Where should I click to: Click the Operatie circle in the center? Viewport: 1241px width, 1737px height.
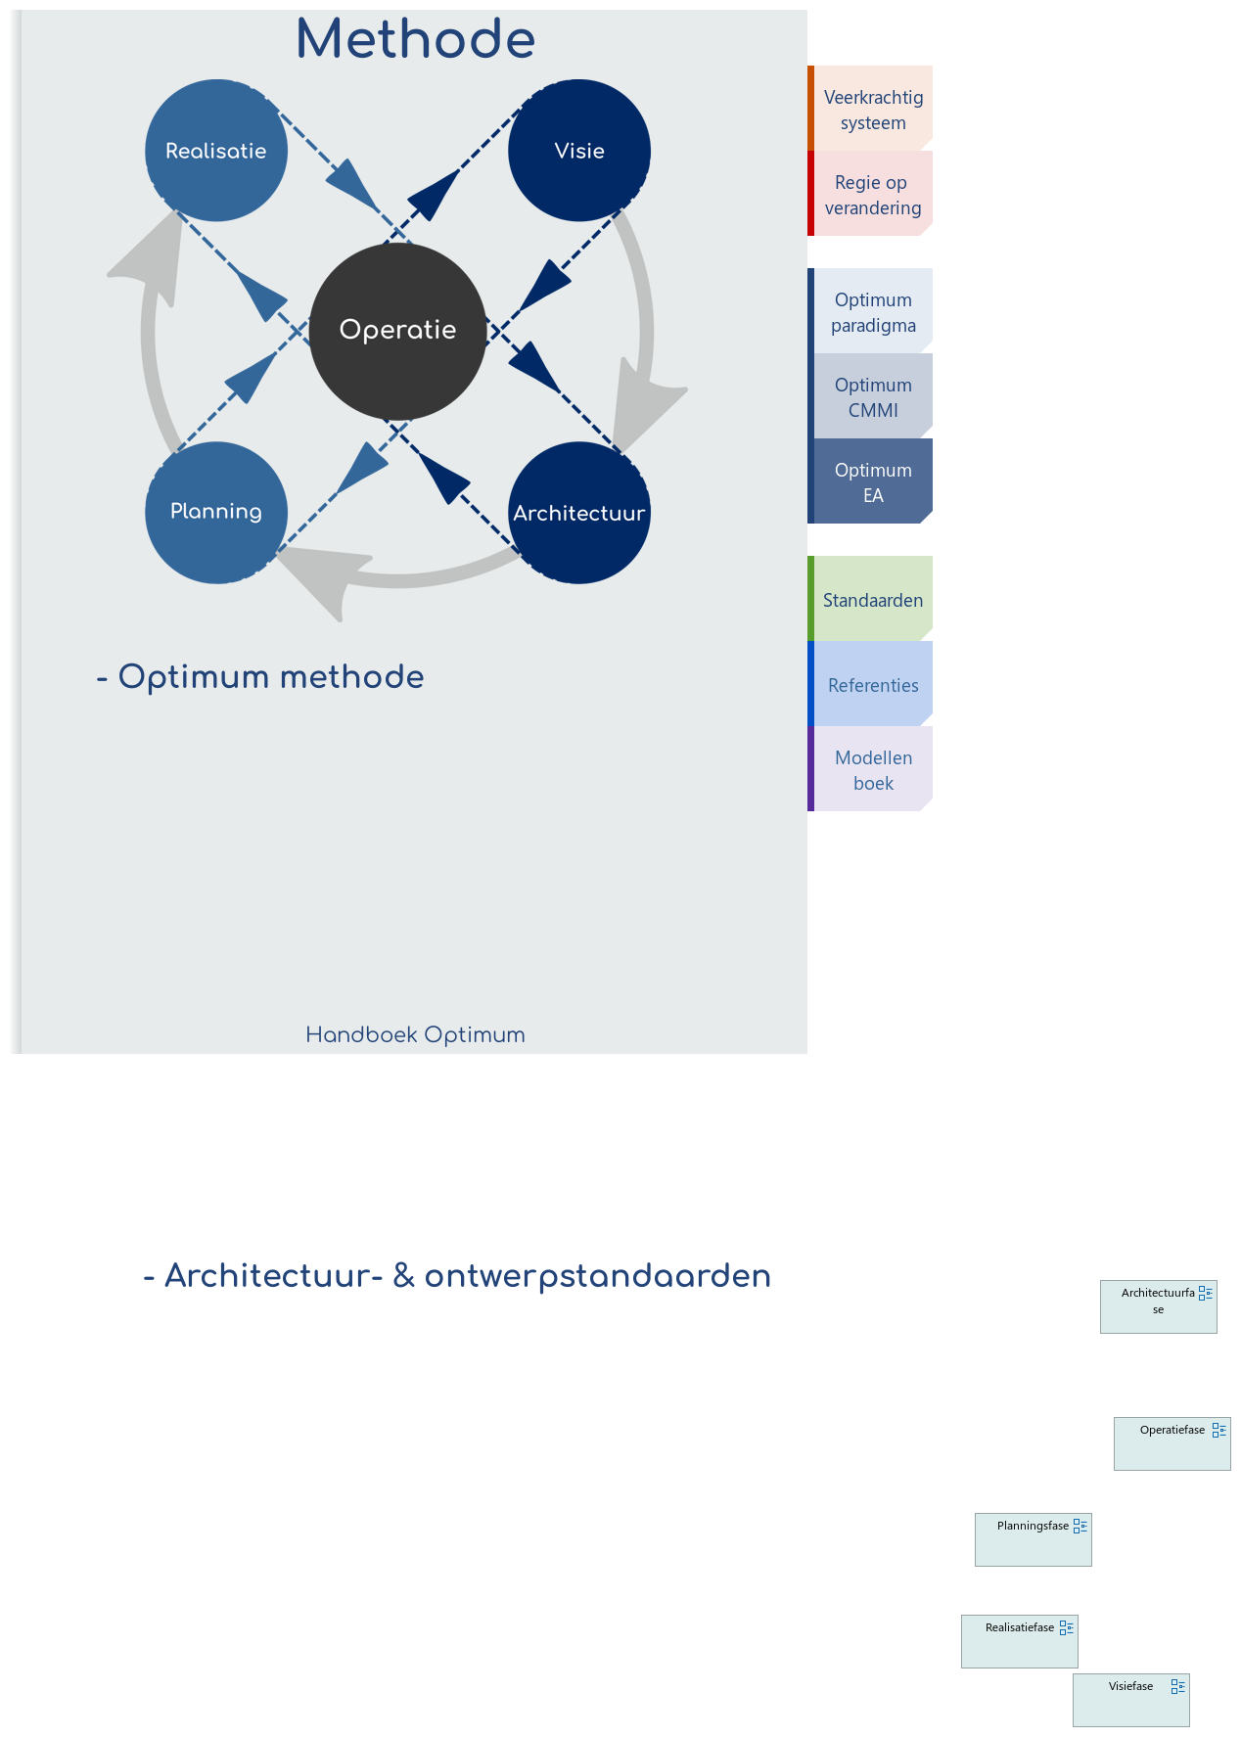coord(397,331)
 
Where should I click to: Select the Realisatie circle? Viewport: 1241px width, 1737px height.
coord(216,151)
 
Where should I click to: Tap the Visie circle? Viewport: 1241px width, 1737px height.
coord(579,151)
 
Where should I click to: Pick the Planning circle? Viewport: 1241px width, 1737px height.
coord(216,512)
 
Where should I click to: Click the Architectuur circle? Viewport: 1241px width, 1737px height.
coord(579,513)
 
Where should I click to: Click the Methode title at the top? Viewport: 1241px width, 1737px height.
coord(415,39)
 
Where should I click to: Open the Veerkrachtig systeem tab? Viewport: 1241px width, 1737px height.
coord(872,109)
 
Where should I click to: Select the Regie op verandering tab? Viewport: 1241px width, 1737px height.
coord(872,194)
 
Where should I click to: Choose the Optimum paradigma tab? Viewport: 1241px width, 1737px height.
coord(872,311)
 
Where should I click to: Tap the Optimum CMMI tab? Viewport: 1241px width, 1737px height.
coord(872,396)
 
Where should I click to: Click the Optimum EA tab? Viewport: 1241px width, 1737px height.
coord(872,481)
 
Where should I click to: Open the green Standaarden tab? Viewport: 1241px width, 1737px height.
coord(872,599)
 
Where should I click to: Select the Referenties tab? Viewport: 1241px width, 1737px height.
coord(872,684)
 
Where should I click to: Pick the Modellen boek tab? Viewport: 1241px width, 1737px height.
coord(872,769)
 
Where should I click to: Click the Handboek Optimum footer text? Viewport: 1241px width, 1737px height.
coord(415,1034)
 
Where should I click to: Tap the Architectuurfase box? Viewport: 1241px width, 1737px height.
coord(1158,1307)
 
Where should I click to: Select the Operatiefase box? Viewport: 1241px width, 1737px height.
coord(1172,1444)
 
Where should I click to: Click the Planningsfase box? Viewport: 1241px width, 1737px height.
coord(1033,1540)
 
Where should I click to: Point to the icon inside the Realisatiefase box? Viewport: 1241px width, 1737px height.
coord(1067,1627)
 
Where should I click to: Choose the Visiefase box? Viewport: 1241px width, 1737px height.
coord(1130,1701)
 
